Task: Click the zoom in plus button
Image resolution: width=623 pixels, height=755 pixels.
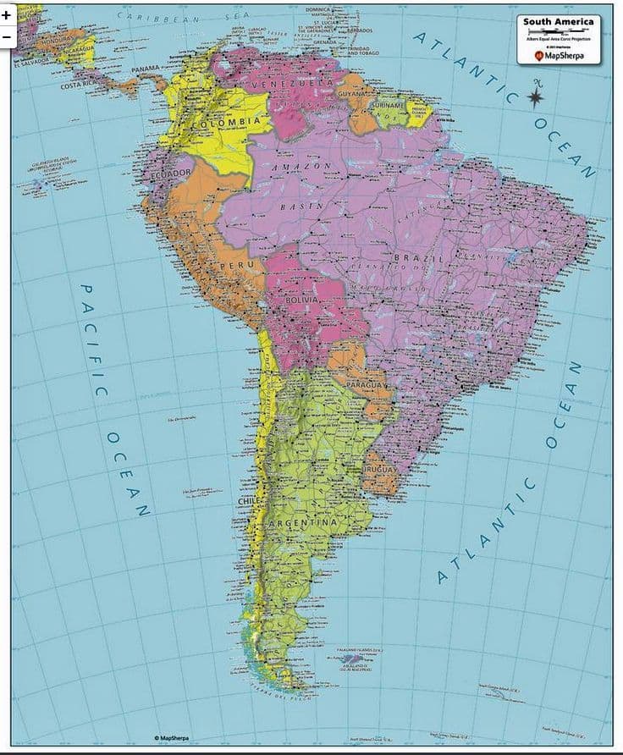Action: point(6,15)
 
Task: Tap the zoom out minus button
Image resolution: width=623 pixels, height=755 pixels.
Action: point(6,36)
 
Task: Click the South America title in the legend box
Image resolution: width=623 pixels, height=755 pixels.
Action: point(560,22)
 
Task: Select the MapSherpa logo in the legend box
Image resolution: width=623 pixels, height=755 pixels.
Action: point(560,56)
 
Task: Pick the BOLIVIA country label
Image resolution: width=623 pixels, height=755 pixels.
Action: point(302,300)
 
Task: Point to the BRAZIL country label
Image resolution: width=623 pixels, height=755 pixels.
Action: point(419,256)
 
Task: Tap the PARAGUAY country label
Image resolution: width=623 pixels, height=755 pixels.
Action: point(367,385)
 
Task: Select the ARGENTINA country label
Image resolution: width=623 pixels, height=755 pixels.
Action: point(303,524)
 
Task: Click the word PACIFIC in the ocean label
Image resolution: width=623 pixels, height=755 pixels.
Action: point(92,338)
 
